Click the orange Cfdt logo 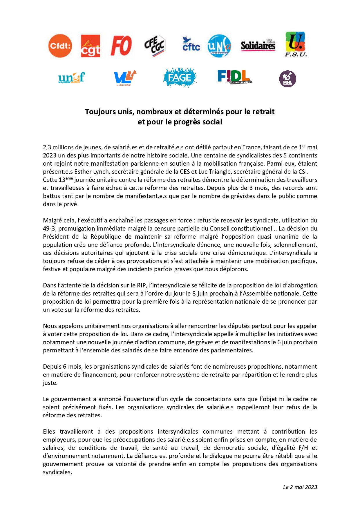60,46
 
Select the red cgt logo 90,46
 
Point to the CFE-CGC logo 155,45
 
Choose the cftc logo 191,44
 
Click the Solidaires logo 258,46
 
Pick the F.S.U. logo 296,44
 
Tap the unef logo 71,77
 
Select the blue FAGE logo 180,77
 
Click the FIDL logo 234,77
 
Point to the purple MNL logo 287,79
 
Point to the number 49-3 49,229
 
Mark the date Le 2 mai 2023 300,487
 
